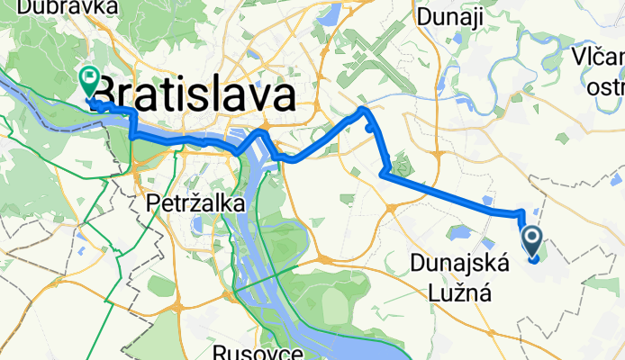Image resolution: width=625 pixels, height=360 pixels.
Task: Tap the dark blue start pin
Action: pyautogui.click(x=532, y=240)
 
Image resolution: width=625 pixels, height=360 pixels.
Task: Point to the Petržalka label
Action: pyautogui.click(x=195, y=205)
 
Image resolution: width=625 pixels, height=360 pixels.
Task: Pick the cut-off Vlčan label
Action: pyautogui.click(x=596, y=58)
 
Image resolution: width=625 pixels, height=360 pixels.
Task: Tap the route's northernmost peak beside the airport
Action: pyautogui.click(x=363, y=109)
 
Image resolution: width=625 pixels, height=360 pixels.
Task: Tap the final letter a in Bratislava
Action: pyautogui.click(x=285, y=94)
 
